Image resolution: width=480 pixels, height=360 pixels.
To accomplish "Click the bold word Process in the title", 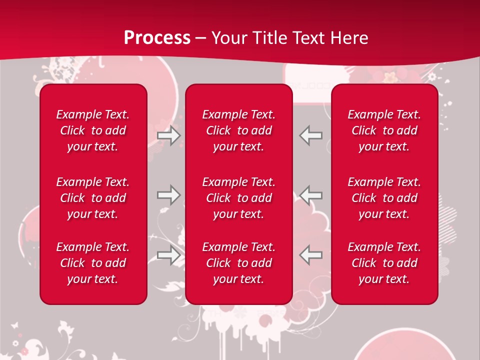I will pyautogui.click(x=157, y=38).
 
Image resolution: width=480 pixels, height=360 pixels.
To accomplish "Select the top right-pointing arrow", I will pyautogui.click(x=169, y=135).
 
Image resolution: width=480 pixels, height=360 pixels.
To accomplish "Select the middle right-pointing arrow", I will pyautogui.click(x=169, y=194).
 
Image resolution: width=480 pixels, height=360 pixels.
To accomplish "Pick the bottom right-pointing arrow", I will pyautogui.click(x=169, y=255).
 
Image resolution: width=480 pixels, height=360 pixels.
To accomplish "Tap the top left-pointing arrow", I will pyautogui.click(x=311, y=135).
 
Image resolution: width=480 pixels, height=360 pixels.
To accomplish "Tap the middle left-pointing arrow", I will pyautogui.click(x=311, y=194).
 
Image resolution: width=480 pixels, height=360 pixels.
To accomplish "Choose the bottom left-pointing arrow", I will pyautogui.click(x=311, y=255).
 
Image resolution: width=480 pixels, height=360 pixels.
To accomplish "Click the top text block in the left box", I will pyautogui.click(x=93, y=130).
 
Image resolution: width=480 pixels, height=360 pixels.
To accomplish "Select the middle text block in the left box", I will pyautogui.click(x=93, y=198).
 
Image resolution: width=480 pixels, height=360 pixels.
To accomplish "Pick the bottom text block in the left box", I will pyautogui.click(x=93, y=263).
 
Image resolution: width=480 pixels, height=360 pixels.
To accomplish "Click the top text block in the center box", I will pyautogui.click(x=238, y=130).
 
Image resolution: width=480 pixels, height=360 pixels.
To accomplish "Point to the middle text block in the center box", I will pyautogui.click(x=238, y=198).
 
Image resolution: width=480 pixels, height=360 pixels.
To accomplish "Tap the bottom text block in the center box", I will pyautogui.click(x=238, y=263).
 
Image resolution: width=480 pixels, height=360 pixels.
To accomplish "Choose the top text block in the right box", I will pyautogui.click(x=384, y=130).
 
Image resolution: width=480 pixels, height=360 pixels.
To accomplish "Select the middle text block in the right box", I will pyautogui.click(x=384, y=198).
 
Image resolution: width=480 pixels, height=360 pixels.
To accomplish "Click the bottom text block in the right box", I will pyautogui.click(x=384, y=263).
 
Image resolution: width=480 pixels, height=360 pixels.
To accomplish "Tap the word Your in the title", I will pyautogui.click(x=229, y=38).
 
